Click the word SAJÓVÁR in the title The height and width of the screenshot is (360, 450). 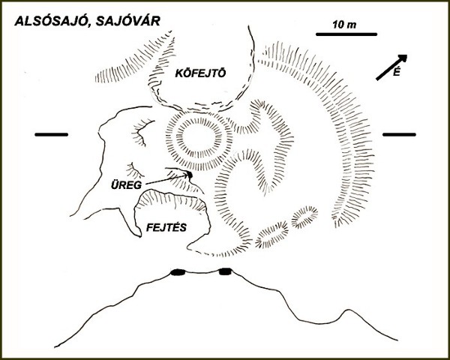127,21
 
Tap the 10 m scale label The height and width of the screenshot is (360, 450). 344,25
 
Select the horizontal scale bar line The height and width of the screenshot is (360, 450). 346,34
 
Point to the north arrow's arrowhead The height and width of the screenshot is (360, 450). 403,58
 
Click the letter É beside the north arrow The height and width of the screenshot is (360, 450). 396,72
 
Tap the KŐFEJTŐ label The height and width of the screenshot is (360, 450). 200,73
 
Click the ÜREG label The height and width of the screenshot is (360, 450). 126,185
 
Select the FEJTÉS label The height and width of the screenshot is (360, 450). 166,228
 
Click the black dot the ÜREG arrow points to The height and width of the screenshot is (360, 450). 190,174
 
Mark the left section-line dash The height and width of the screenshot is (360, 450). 51,134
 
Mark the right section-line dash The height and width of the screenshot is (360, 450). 399,134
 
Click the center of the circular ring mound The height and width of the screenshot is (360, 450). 199,141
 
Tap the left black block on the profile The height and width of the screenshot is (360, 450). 178,272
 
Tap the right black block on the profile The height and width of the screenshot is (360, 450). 225,271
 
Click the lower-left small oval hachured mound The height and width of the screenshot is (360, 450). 271,234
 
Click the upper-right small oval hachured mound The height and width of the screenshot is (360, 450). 304,217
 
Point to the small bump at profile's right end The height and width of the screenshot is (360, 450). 349,310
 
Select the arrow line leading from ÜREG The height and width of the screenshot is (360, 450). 166,179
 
